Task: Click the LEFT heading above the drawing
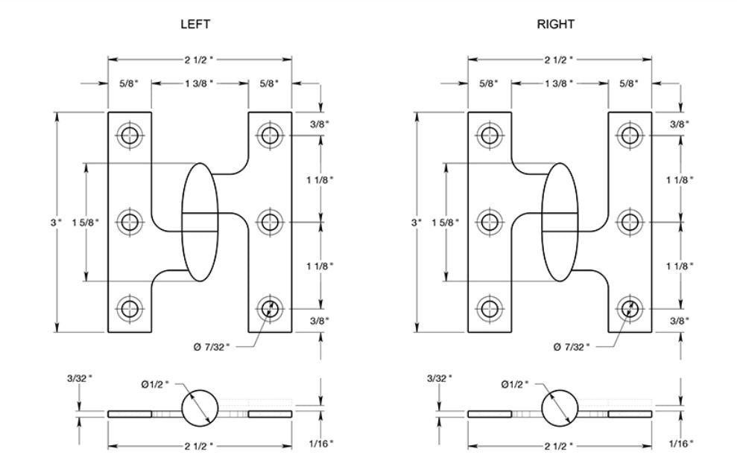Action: point(195,25)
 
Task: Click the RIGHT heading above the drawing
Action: point(556,25)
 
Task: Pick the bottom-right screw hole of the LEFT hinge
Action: point(270,307)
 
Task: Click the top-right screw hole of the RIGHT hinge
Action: point(630,136)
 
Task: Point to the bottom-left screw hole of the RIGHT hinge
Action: point(490,307)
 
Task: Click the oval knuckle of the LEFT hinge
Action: point(200,221)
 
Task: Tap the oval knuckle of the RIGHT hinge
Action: point(560,221)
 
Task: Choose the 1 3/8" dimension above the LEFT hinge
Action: point(200,83)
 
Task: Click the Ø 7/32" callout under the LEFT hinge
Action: point(216,346)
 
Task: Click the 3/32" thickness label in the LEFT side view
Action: point(81,378)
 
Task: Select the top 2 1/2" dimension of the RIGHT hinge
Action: point(560,59)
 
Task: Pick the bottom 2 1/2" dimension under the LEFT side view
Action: point(200,446)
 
